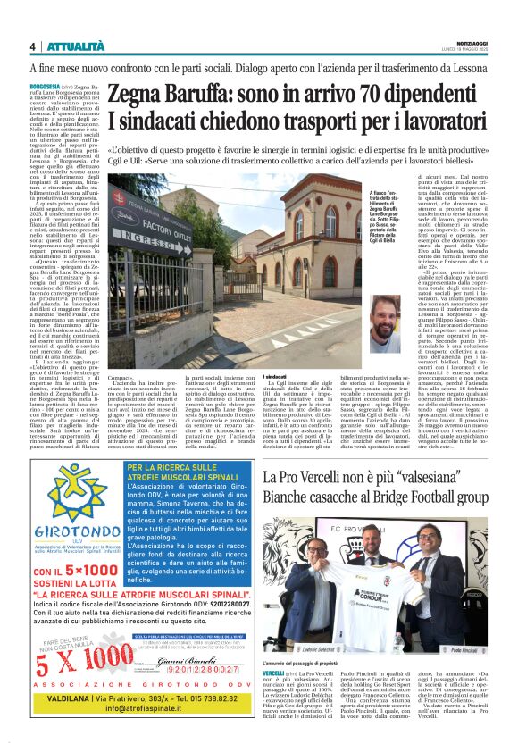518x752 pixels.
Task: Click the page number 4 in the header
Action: [32, 46]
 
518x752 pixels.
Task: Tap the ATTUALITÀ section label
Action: [72, 46]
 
